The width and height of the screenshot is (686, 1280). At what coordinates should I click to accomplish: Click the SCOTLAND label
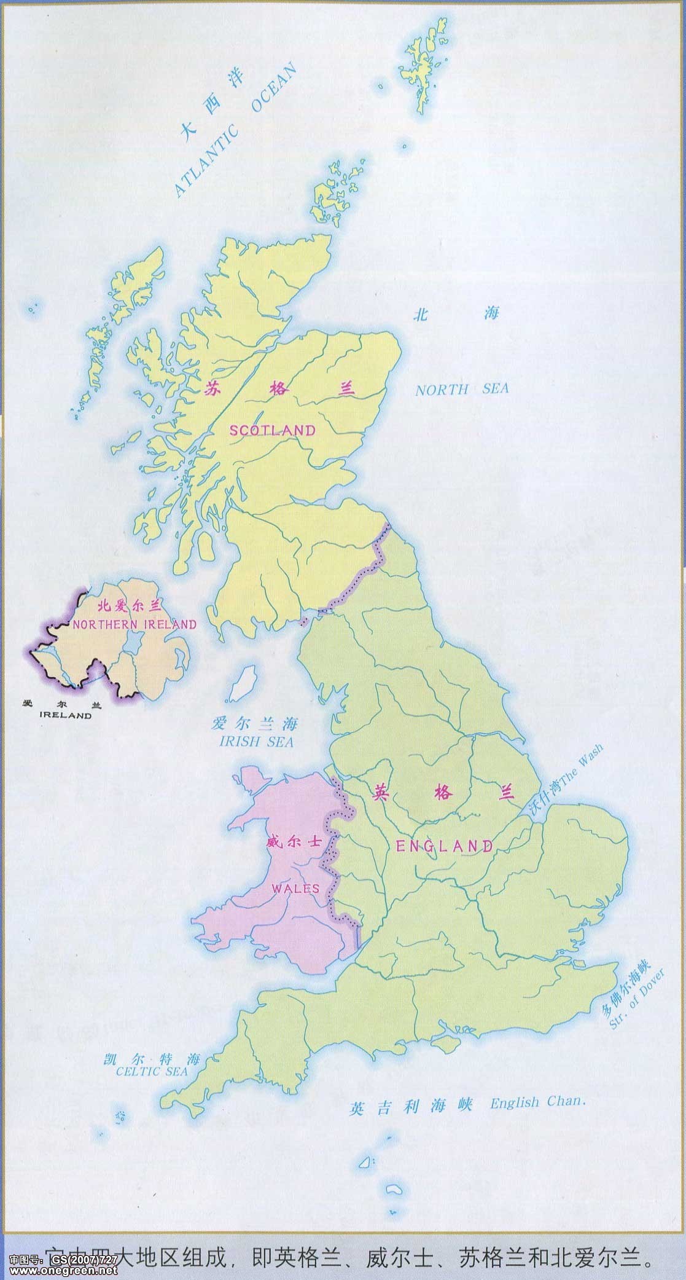(x=272, y=430)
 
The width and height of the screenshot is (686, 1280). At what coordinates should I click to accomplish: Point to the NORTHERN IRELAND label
(x=134, y=625)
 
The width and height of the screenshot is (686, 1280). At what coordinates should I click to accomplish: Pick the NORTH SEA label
(x=461, y=390)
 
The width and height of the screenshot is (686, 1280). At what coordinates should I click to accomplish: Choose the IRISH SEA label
(x=256, y=742)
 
